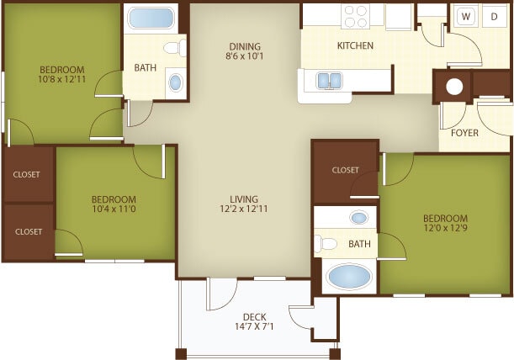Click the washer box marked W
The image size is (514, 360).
pos(464,16)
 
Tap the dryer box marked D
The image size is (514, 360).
pos(494,16)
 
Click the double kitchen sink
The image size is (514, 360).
pos(328,81)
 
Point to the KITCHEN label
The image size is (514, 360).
pos(355,45)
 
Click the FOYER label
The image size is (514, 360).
pos(464,134)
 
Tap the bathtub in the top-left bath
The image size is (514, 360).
pos(151,19)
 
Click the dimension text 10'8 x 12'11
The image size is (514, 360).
pos(61,80)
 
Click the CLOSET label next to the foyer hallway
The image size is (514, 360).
pos(345,170)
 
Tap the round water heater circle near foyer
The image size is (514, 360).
pos(455,87)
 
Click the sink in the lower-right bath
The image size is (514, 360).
pos(359,219)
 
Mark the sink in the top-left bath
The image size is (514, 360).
pos(175,82)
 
